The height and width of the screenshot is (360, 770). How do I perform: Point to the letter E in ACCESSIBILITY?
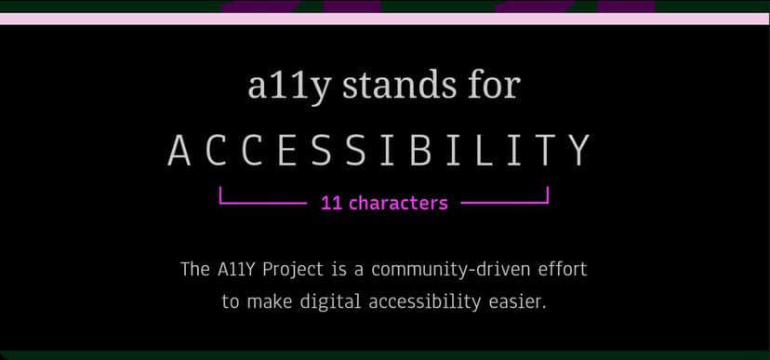[x=279, y=152]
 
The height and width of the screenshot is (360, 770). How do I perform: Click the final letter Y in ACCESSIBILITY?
[x=578, y=152]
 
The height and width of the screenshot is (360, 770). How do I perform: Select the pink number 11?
[x=331, y=203]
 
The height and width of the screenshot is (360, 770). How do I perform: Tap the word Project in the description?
[x=292, y=271]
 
